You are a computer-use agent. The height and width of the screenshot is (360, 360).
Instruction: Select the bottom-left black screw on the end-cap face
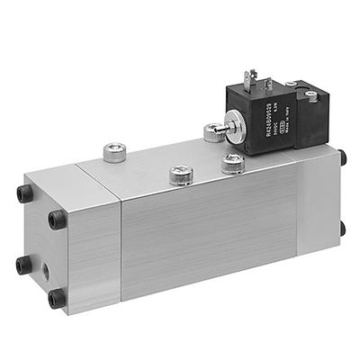21,264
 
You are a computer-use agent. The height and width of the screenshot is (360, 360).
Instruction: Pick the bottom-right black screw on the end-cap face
55,298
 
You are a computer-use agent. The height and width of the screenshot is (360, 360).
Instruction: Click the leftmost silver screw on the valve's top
114,152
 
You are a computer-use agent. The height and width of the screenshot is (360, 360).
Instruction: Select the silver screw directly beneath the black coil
232,163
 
